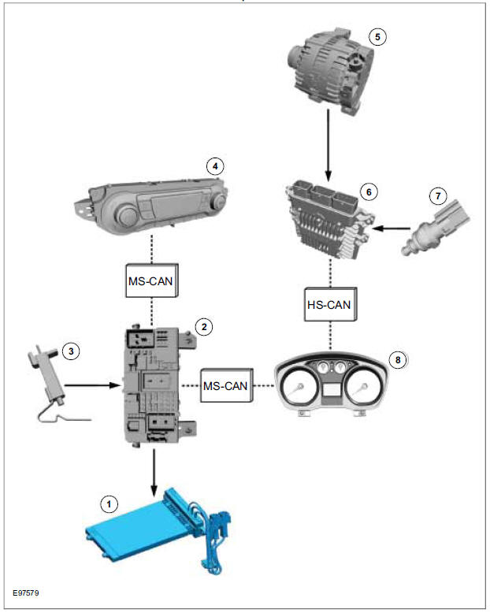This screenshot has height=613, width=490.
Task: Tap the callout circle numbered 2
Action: click(204, 325)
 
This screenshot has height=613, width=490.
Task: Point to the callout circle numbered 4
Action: click(212, 165)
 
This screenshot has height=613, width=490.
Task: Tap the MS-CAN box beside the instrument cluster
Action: click(227, 386)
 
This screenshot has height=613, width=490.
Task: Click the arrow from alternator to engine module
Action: click(328, 143)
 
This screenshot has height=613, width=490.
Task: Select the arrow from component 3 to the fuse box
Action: click(92, 386)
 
